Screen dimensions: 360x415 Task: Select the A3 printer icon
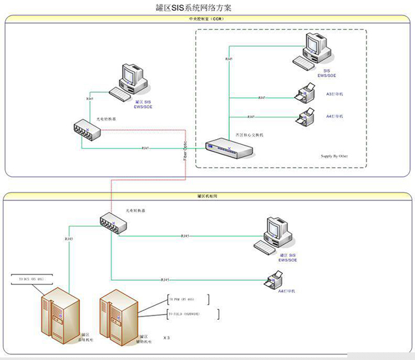coord(305,95)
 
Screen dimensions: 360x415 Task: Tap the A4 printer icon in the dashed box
coord(306,117)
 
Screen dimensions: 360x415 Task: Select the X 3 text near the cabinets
coord(167,336)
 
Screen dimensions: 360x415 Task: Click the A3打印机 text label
coord(335,94)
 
